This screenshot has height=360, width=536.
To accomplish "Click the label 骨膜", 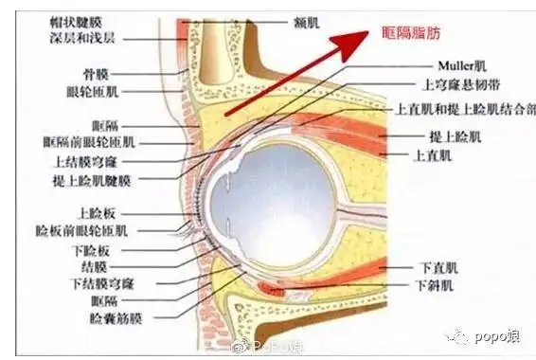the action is click(x=98, y=72).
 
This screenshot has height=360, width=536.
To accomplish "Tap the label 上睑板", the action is click(x=98, y=214).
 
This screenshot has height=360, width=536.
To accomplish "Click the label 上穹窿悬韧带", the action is click(x=445, y=84).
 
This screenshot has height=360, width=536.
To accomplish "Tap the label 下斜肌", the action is click(x=437, y=284).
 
